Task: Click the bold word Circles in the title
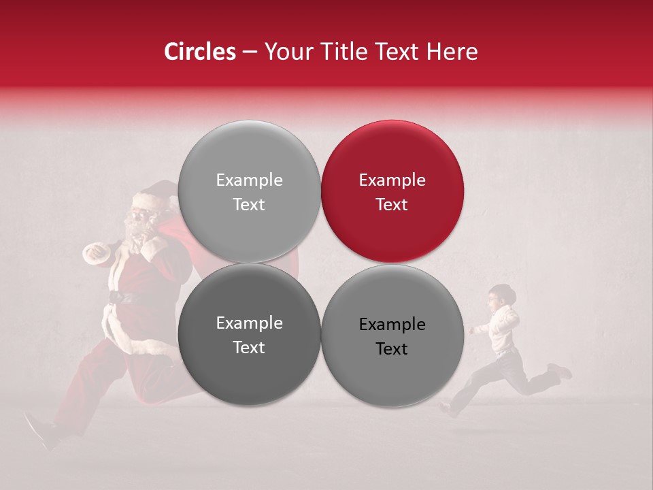click(199, 52)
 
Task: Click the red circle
click(392, 191)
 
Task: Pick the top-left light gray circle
click(249, 191)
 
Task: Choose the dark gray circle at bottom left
click(249, 334)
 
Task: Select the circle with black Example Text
click(392, 336)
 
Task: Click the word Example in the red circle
click(392, 180)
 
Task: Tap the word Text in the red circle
click(392, 205)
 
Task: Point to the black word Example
click(392, 325)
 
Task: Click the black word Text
click(392, 349)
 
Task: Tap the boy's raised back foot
click(560, 371)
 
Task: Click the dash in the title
click(250, 52)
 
